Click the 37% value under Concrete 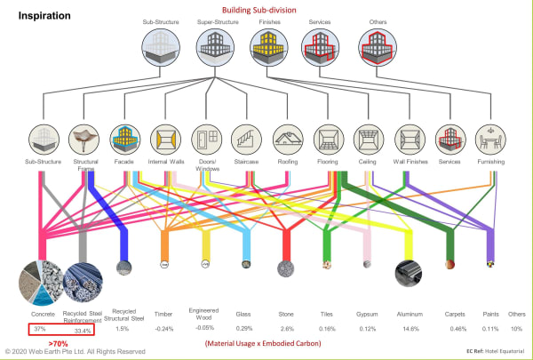tap(40, 329)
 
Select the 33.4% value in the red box tap(84, 329)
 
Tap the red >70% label tap(59, 342)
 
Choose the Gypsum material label tap(366, 314)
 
